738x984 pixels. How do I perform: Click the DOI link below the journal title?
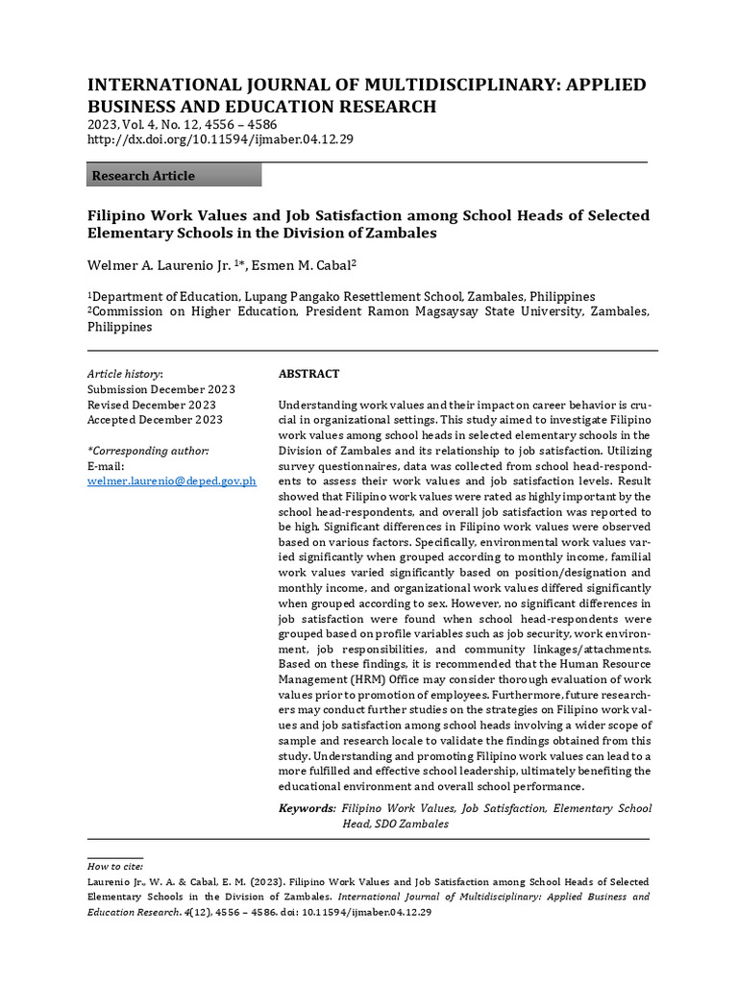[x=220, y=139]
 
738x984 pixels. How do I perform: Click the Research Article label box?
[x=174, y=176]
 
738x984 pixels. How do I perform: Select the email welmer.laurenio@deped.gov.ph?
[x=171, y=480]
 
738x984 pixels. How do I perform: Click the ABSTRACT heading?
[x=308, y=374]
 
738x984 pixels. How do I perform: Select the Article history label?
[x=125, y=374]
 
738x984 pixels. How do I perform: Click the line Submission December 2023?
[x=160, y=389]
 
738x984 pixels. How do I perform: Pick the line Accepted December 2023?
[x=155, y=420]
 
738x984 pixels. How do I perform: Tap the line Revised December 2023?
[x=151, y=405]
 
